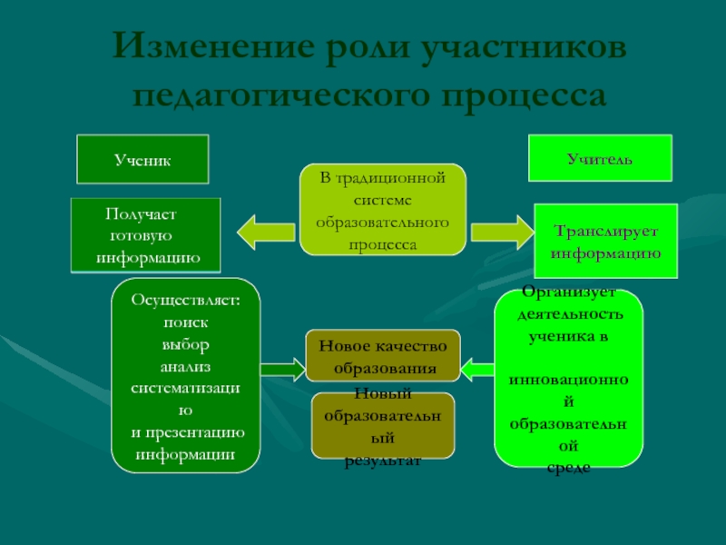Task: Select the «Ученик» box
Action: pos(142,159)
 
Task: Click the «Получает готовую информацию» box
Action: pos(145,235)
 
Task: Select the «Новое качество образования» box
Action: pos(383,356)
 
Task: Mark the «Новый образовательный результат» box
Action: pos(383,425)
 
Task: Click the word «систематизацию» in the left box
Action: pos(185,388)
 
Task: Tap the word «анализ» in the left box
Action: pos(185,366)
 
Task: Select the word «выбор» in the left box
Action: pos(185,344)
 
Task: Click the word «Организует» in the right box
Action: pos(569,292)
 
